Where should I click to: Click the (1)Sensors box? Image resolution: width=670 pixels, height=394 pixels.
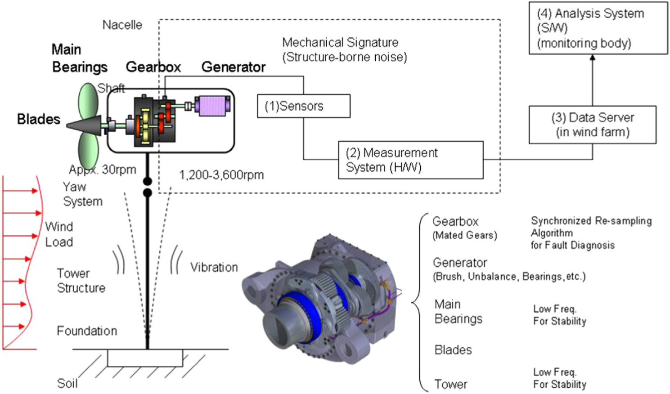coord(303,106)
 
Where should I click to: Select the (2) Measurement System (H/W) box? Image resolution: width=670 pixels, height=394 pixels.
coord(410,160)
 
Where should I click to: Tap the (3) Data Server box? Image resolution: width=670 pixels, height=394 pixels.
coord(592,125)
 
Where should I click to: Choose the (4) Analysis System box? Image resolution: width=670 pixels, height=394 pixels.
coord(598,28)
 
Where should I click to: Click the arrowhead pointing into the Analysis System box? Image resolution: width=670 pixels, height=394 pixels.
coord(593,58)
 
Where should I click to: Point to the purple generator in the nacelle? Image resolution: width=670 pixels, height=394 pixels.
coord(212,106)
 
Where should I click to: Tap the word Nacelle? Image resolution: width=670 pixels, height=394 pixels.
coord(122,25)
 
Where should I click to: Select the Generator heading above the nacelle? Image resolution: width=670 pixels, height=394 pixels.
coord(233,67)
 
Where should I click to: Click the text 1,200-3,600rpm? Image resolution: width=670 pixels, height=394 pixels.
coord(221,175)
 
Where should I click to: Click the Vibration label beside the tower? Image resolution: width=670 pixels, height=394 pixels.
coord(214,267)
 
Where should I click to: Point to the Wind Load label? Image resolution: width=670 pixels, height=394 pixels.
coord(59,234)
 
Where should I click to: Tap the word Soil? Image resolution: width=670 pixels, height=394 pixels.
coord(67,383)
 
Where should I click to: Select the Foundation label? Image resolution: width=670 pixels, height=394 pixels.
coord(87,331)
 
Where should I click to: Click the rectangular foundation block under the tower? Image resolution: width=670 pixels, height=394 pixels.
coord(145,358)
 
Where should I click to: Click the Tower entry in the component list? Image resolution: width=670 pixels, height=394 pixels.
coord(450,384)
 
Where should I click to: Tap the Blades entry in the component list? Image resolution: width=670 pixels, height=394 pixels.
coord(453,350)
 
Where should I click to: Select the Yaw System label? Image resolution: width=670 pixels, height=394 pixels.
coord(82,194)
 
